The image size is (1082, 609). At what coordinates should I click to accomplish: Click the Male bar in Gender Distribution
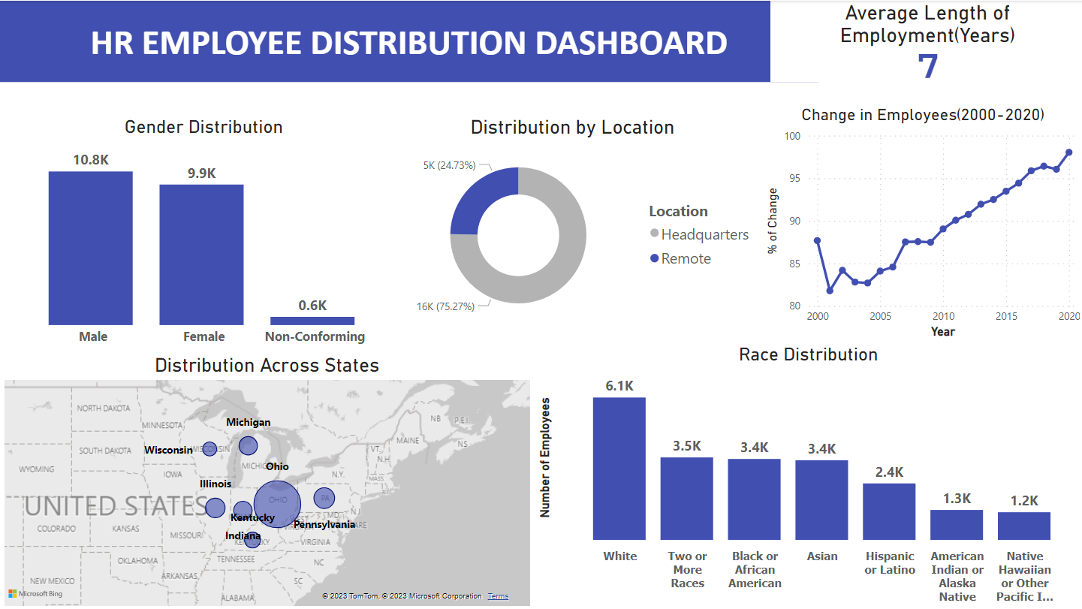[x=90, y=248]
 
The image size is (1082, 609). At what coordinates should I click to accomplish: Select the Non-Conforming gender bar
[x=312, y=321]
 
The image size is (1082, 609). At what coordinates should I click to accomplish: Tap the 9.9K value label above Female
[x=201, y=173]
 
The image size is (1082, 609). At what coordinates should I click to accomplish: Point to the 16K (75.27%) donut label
[x=447, y=306]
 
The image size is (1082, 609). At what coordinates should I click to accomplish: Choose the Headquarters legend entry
[x=704, y=234]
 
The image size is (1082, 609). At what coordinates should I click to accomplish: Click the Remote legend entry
[x=686, y=258]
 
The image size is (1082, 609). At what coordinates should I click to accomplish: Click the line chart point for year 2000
[x=817, y=240]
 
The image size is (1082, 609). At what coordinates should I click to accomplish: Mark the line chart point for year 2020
[x=1068, y=152]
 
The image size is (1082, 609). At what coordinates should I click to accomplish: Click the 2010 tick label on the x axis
[x=943, y=316]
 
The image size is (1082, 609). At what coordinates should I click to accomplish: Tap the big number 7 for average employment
[x=928, y=66]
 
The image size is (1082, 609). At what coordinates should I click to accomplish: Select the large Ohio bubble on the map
[x=277, y=504]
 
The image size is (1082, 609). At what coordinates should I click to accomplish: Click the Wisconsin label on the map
[x=168, y=450]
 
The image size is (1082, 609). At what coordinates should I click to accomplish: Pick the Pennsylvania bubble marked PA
[x=324, y=497]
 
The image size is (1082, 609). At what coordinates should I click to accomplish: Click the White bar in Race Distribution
[x=619, y=469]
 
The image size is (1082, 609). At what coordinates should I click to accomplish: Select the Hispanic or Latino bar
[x=889, y=511]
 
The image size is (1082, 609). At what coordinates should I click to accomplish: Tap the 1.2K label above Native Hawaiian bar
[x=1024, y=501]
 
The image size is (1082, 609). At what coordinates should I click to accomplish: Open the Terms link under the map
[x=498, y=596]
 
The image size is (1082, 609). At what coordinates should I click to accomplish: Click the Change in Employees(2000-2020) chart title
[x=923, y=115]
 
